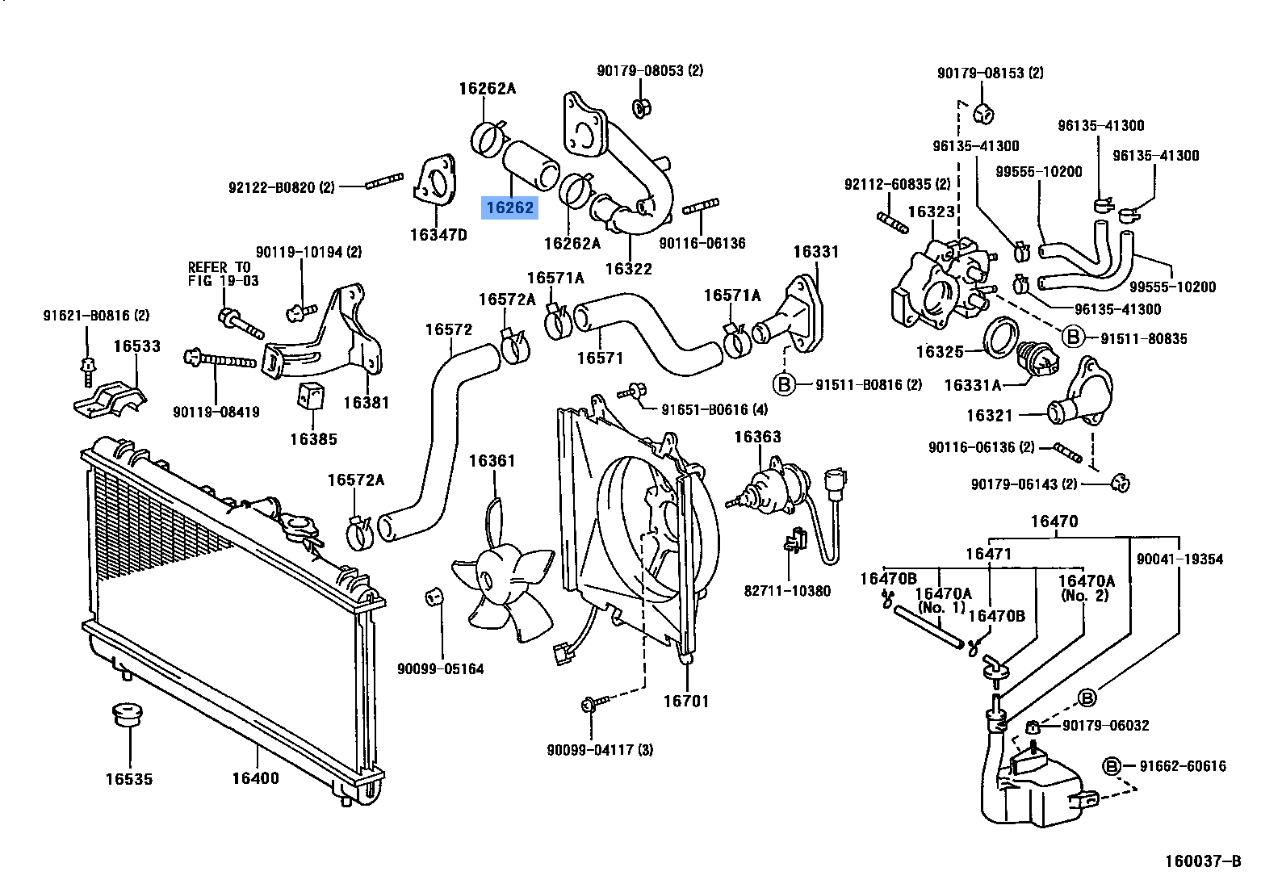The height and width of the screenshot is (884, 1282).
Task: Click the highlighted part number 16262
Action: point(509,208)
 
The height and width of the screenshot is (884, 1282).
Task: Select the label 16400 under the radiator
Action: point(255,778)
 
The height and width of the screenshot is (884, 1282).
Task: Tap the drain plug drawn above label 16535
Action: point(125,715)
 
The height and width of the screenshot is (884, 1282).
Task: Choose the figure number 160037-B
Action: point(1202,861)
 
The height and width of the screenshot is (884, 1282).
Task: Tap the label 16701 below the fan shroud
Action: point(685,701)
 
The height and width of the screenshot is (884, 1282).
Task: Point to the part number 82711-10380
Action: point(787,591)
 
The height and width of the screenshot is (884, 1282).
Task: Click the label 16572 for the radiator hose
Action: point(448,329)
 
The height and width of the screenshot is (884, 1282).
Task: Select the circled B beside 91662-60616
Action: point(1112,765)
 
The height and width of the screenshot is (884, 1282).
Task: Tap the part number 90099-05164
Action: point(440,668)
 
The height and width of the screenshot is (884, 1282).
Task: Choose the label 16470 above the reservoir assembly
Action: point(1054,522)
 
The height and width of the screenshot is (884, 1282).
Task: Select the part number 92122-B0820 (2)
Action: point(281,187)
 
